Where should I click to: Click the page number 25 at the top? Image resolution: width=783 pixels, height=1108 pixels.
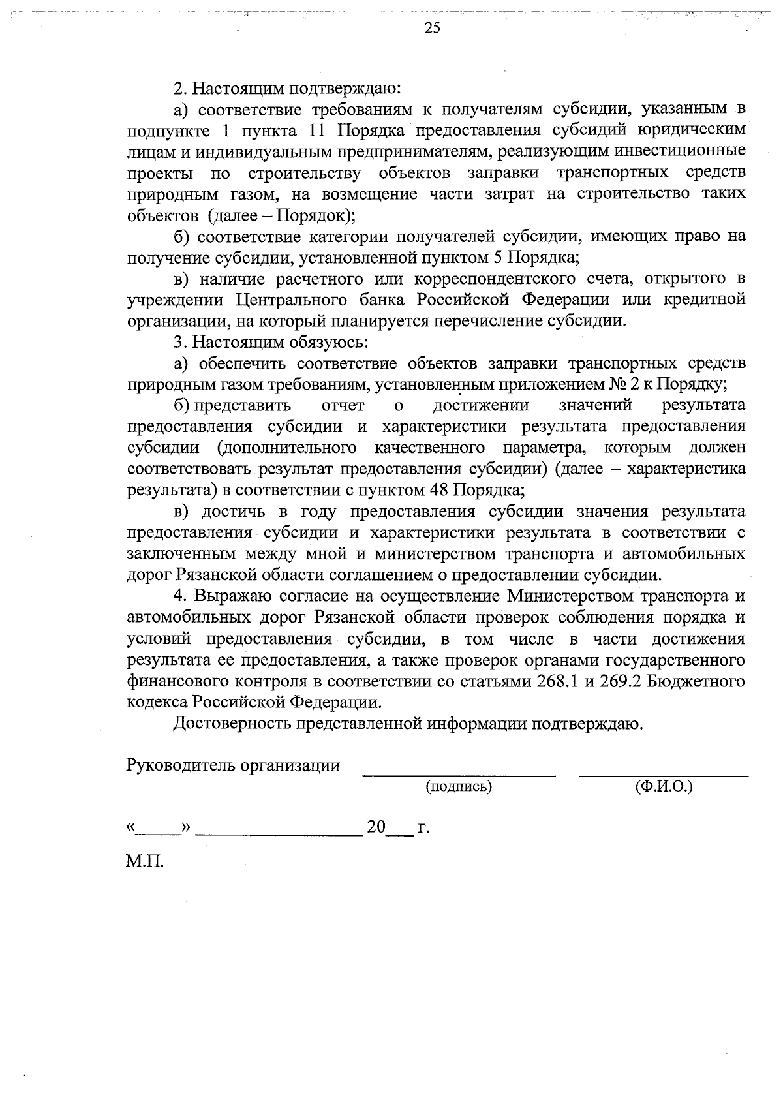432,27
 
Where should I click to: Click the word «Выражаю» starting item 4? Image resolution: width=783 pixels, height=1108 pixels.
230,596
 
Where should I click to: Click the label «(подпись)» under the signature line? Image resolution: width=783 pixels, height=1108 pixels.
458,787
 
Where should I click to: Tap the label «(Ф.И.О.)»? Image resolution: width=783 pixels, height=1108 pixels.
663,787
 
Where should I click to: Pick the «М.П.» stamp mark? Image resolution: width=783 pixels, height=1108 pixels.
145,863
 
